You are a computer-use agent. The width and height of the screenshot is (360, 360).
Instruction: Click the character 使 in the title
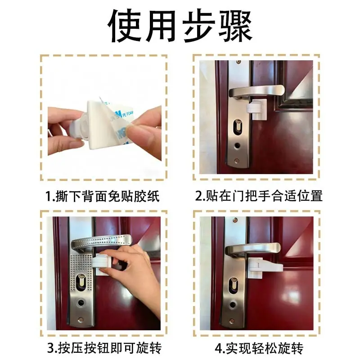[125, 26]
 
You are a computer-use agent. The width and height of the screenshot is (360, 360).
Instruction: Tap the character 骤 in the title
[236, 26]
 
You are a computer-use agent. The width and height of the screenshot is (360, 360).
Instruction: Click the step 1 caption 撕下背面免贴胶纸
[103, 196]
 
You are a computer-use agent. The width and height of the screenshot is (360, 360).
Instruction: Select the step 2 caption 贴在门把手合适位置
[259, 196]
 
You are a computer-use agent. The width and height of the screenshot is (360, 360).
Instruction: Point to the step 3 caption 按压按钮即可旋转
[104, 348]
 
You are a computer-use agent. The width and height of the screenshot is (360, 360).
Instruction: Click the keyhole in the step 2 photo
[238, 128]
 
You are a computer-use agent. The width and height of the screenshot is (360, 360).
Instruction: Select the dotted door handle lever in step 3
[101, 242]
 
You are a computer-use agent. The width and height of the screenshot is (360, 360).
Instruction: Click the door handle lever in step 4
[252, 249]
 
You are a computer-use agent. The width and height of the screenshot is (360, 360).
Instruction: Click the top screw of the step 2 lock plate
[239, 62]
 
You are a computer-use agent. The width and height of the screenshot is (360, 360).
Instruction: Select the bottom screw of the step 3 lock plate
[81, 319]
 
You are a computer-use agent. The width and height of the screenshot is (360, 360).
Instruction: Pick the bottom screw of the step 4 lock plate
[232, 321]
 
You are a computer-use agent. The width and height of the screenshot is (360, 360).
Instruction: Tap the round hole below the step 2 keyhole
[237, 145]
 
